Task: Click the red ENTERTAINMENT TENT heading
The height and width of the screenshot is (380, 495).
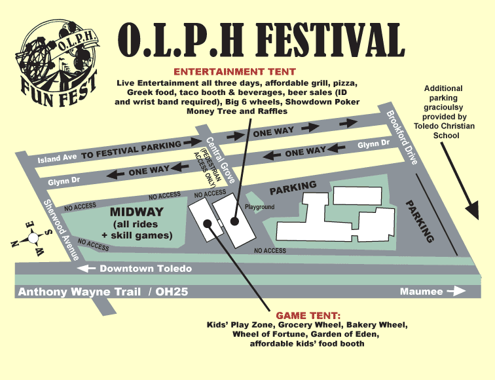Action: [x=234, y=71]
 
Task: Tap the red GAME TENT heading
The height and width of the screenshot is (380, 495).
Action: [x=308, y=315]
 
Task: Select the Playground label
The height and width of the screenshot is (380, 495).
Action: [x=259, y=208]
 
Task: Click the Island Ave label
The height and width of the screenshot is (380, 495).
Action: [x=58, y=159]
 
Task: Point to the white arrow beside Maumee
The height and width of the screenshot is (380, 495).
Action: [x=457, y=292]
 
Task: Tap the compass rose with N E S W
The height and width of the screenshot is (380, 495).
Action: [x=30, y=238]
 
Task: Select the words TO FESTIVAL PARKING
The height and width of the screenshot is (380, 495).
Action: [x=130, y=147]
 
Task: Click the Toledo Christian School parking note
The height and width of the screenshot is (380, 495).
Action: [x=443, y=111]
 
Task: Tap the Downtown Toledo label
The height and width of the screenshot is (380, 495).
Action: [x=145, y=269]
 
